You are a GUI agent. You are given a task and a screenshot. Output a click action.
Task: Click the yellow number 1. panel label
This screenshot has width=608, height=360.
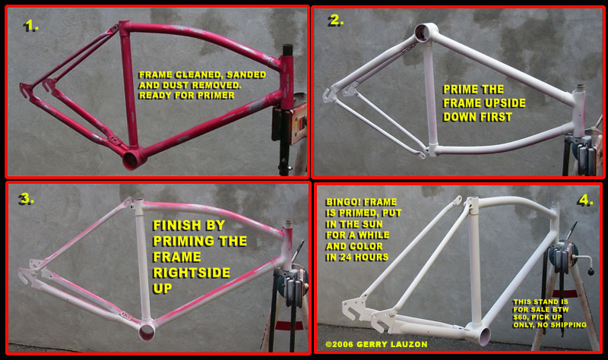31,27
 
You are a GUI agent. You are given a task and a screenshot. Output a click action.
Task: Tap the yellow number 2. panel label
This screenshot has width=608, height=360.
336,21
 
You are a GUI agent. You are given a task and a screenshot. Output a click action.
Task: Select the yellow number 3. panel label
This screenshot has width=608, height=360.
26,199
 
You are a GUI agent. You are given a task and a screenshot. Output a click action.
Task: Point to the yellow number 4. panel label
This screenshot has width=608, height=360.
585,200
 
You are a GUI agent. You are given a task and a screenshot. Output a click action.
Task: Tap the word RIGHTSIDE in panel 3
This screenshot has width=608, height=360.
192,273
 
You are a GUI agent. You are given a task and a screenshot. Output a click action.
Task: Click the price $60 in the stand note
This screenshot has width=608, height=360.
521,317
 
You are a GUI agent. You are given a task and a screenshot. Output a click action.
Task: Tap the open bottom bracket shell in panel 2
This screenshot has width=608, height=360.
424,32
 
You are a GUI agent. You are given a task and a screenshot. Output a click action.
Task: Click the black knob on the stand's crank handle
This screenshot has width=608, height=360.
591,271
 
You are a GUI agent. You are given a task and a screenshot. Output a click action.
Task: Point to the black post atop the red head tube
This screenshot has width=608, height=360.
287,50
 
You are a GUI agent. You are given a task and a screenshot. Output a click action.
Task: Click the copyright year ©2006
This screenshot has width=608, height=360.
339,344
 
